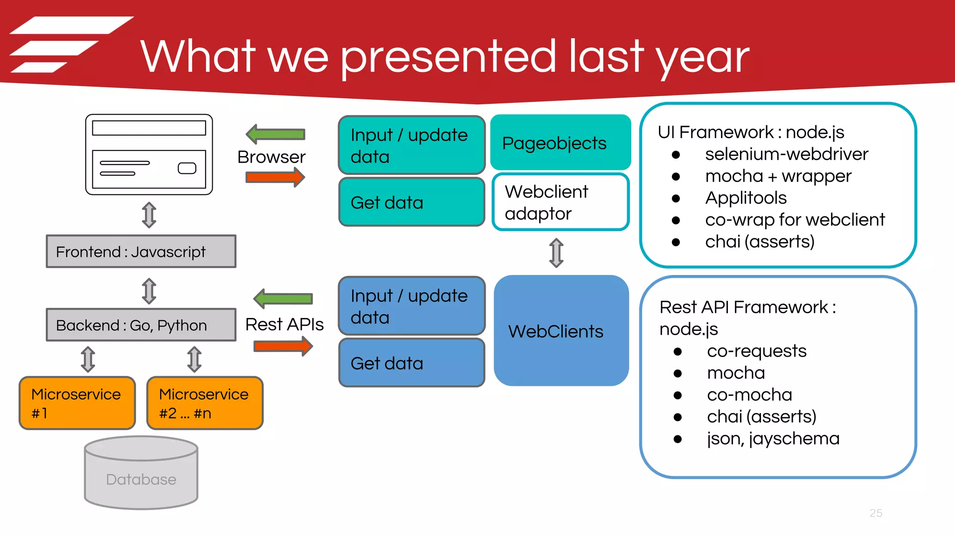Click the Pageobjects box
[x=560, y=143]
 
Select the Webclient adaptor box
[x=560, y=202]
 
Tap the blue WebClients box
[x=561, y=331]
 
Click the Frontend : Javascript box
[x=141, y=252]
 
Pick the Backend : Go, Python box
[x=141, y=325]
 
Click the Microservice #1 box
[x=77, y=403]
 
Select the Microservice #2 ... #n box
[x=205, y=403]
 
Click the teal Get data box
[x=411, y=202]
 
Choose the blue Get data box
[x=411, y=363]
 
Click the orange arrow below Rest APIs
[x=283, y=346]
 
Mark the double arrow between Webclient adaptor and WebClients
[x=556, y=253]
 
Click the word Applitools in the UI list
[x=746, y=198]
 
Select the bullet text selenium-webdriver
[x=786, y=154]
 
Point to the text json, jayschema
[x=773, y=439]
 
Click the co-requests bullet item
[x=756, y=351]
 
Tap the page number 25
[x=875, y=513]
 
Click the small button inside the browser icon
[x=187, y=168]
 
